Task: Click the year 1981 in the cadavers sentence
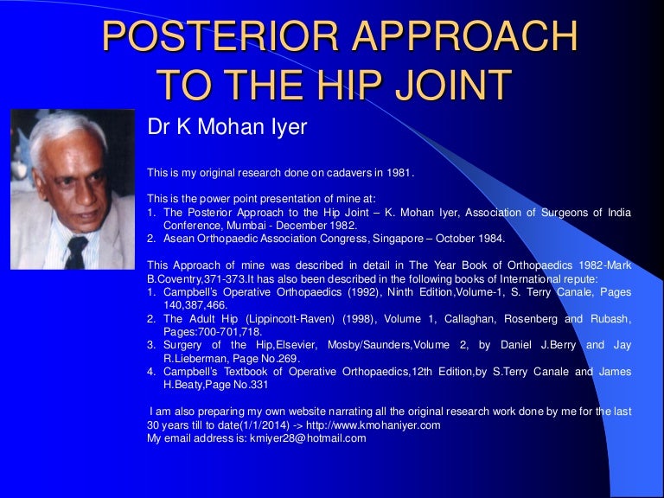399,173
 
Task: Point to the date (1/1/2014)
249,425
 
